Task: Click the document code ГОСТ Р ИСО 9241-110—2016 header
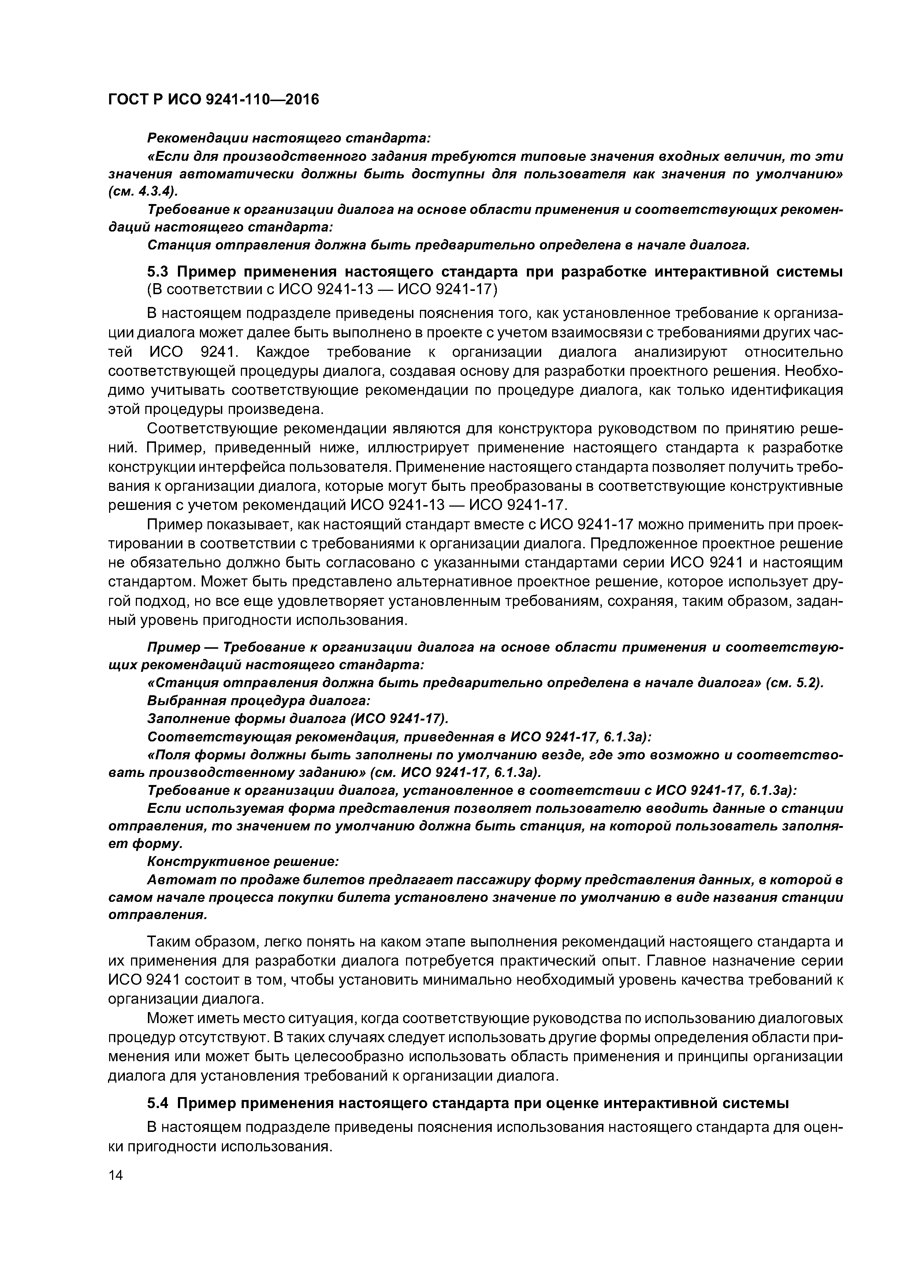tap(213, 100)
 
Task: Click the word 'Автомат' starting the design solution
tap(174, 880)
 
